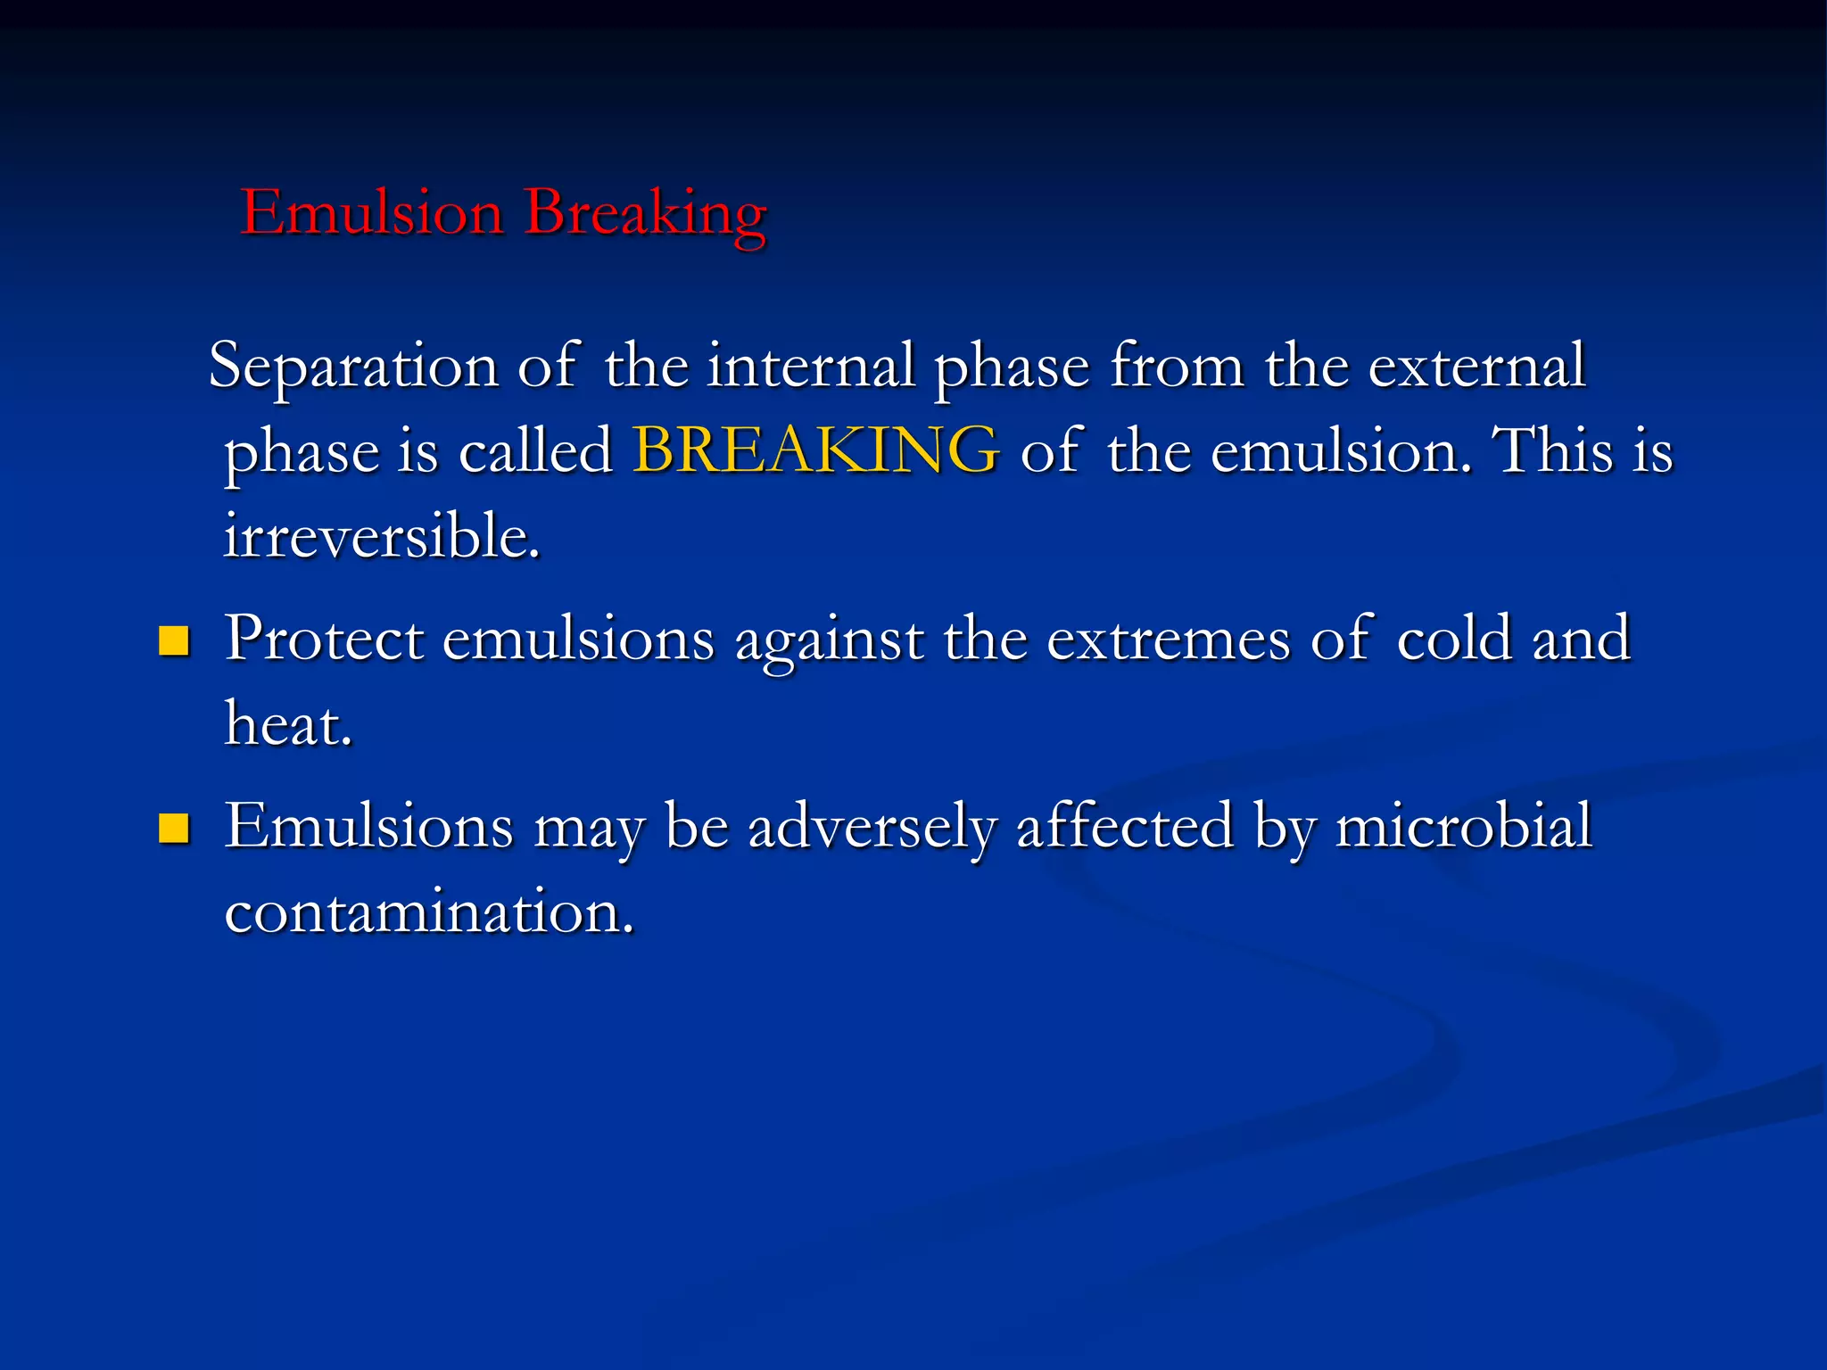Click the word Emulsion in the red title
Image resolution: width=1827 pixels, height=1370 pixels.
coord(372,214)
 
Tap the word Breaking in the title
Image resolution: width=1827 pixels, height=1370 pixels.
coord(645,214)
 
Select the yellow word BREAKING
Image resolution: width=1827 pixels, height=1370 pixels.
coord(815,450)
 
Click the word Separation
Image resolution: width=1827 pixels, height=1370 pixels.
coord(353,367)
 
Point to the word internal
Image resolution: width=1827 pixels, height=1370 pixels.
coord(811,367)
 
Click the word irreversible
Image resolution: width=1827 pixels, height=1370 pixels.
coord(382,536)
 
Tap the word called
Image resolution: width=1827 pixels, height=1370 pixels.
coord(535,450)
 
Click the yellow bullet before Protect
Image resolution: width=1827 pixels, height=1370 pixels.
coord(174,640)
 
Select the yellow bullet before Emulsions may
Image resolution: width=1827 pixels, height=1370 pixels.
coord(174,828)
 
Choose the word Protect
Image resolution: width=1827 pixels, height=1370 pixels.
coord(324,639)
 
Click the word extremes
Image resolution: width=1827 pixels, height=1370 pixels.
coord(1168,639)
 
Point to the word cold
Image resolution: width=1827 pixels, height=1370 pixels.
coord(1454,639)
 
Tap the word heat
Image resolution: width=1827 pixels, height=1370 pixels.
coord(287,723)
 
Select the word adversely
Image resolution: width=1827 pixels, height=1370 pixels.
coord(871,826)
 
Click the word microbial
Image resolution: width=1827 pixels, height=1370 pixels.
coord(1463,826)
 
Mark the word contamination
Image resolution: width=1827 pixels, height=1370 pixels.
coord(428,912)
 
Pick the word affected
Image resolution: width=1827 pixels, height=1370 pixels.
coord(1125,826)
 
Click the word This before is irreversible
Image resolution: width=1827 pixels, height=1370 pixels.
coord(1553,450)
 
